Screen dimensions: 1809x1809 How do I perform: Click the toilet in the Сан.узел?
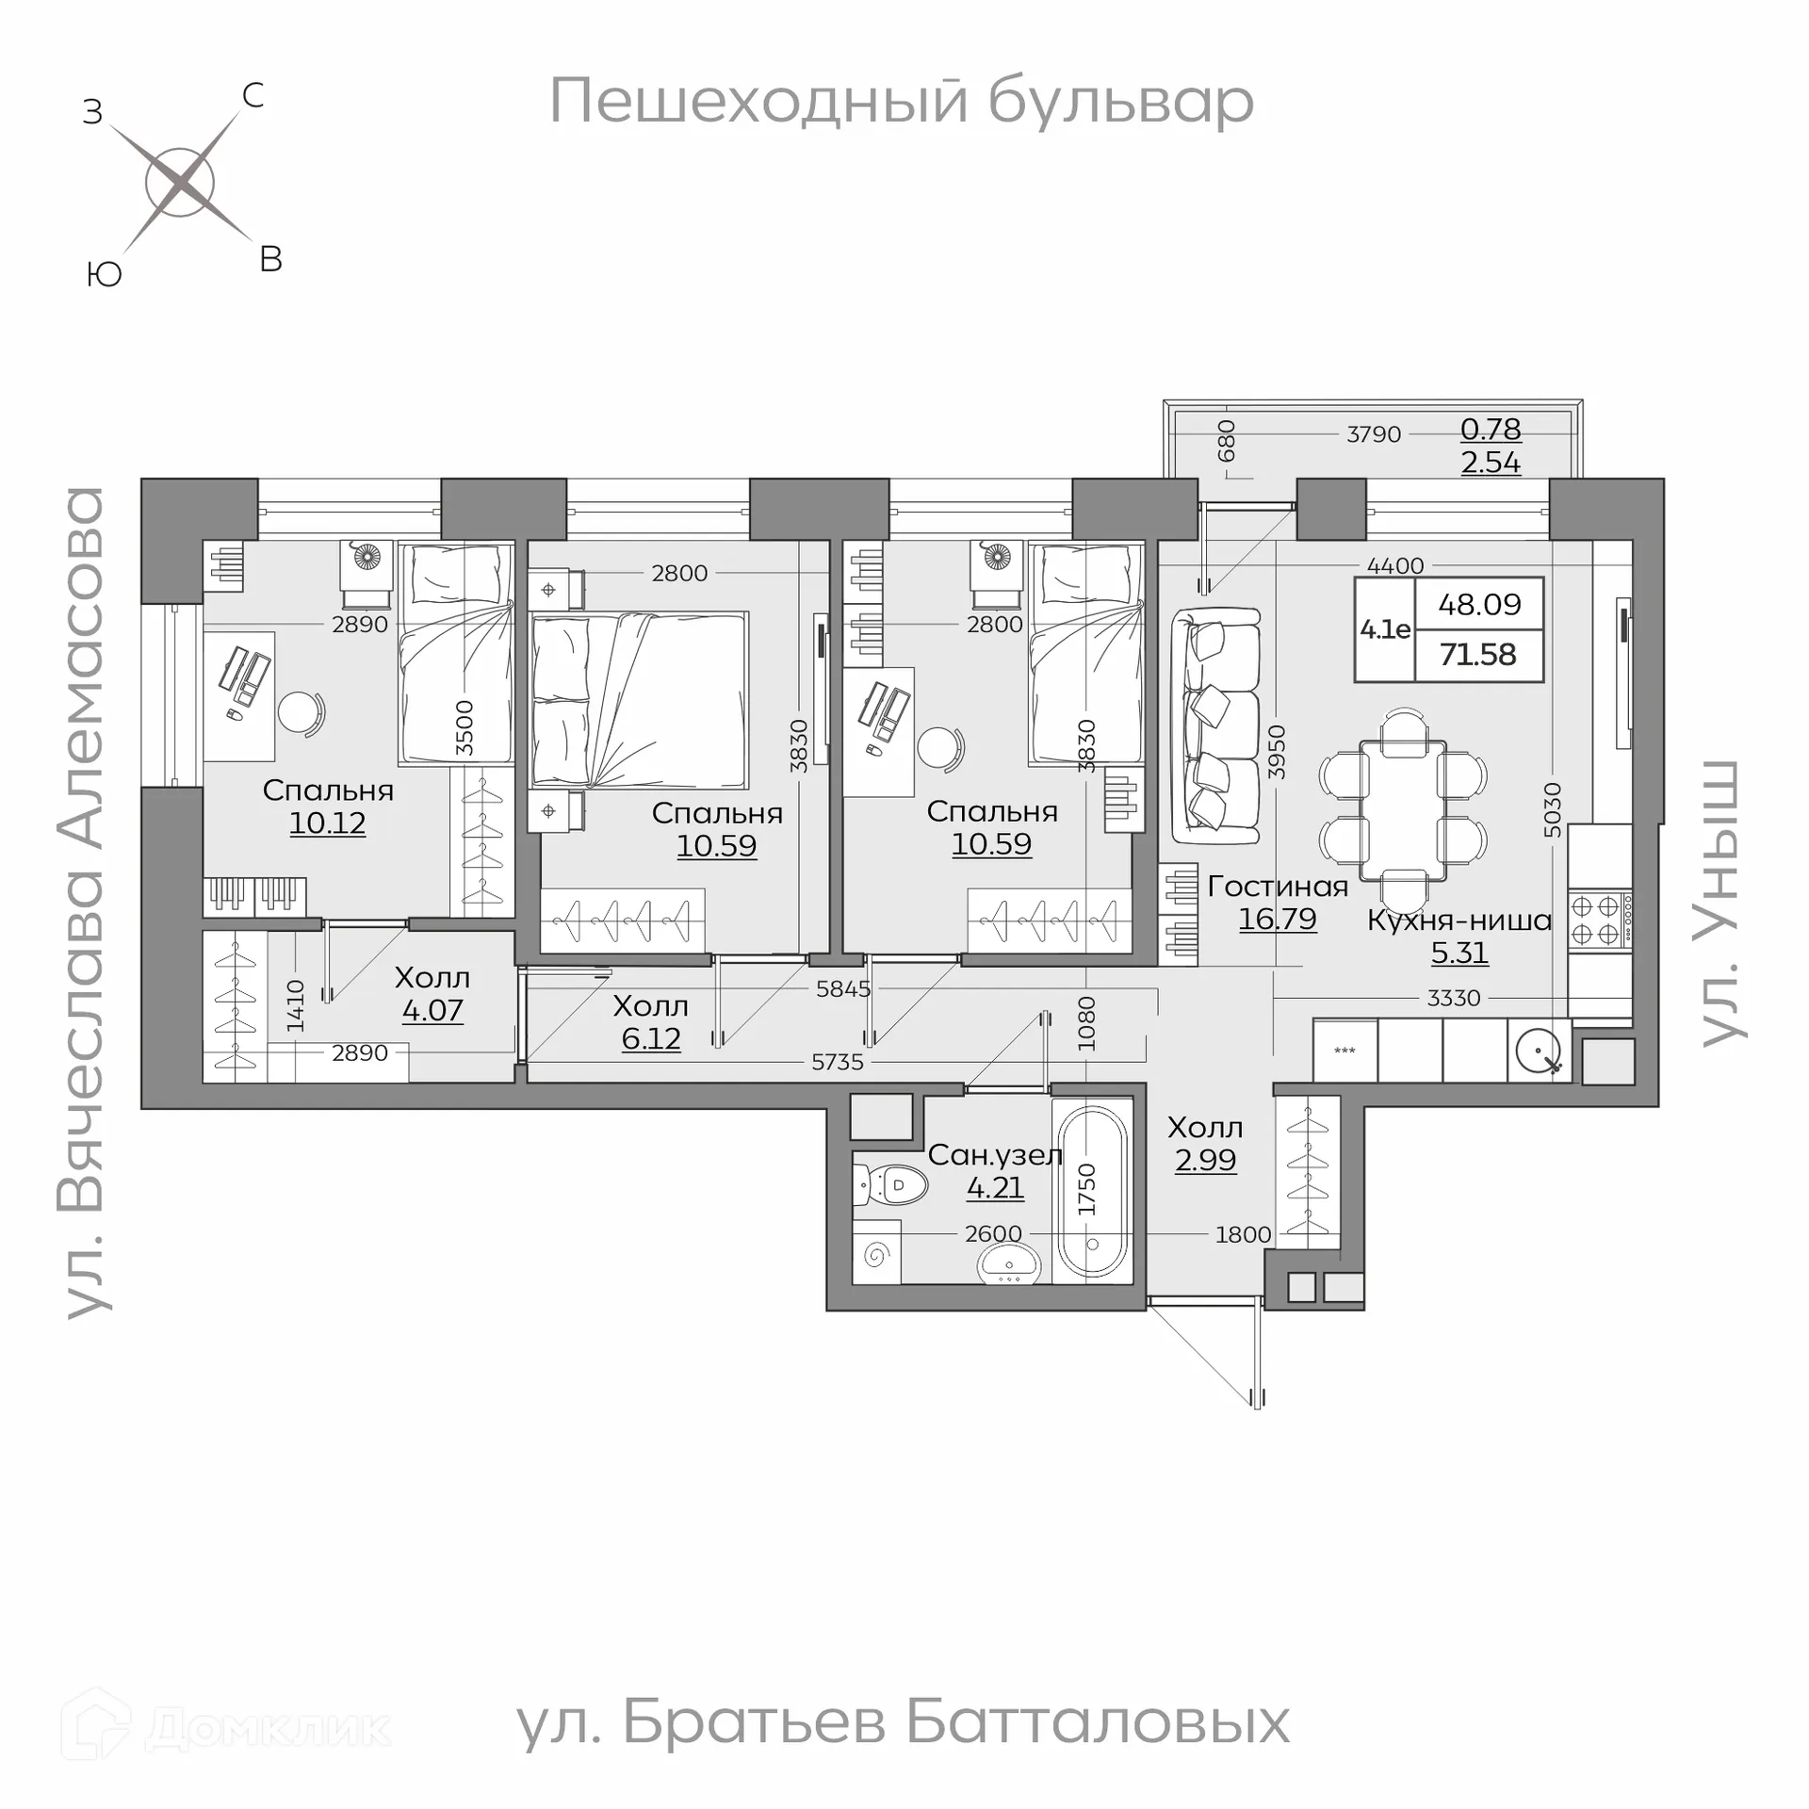pyautogui.click(x=889, y=1184)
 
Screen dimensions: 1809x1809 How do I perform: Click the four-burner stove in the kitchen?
pyautogui.click(x=1600, y=921)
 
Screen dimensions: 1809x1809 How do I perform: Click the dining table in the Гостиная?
pyautogui.click(x=1403, y=811)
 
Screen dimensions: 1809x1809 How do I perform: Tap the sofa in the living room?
pyautogui.click(x=1215, y=725)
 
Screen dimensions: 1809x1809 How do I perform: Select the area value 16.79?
pyautogui.click(x=1277, y=919)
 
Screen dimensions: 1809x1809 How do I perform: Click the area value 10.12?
pyautogui.click(x=327, y=823)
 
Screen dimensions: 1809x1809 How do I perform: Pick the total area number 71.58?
pyautogui.click(x=1477, y=654)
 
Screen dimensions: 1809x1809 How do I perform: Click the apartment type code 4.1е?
pyautogui.click(x=1385, y=629)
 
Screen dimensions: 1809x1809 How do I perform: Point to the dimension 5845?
pyautogui.click(x=843, y=988)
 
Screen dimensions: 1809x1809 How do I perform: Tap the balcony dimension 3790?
pyautogui.click(x=1373, y=434)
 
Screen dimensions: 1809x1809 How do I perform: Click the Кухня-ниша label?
pyautogui.click(x=1459, y=921)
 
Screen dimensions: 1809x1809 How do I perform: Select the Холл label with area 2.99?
pyautogui.click(x=1205, y=1128)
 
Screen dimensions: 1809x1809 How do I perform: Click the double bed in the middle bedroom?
pyautogui.click(x=640, y=700)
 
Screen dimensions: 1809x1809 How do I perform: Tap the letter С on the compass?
pyautogui.click(x=253, y=95)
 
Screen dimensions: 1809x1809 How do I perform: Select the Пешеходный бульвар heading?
pyautogui.click(x=901, y=101)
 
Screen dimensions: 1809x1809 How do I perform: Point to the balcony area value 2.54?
pyautogui.click(x=1491, y=463)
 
